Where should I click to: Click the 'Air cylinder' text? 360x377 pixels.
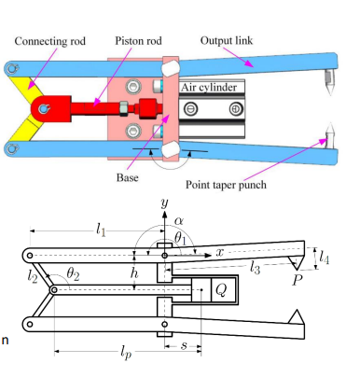[x=214, y=88]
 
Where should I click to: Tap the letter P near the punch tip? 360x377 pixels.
[x=298, y=279]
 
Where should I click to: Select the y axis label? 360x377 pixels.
[x=163, y=202]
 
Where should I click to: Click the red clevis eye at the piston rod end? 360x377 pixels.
[x=42, y=108]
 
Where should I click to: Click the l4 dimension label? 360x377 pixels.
[x=324, y=254]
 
